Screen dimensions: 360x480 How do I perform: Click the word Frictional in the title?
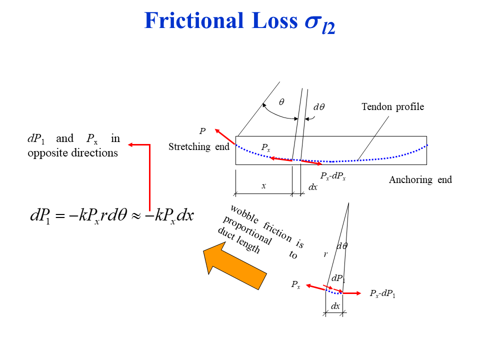[x=190, y=21]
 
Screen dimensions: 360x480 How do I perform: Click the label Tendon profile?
[x=392, y=106]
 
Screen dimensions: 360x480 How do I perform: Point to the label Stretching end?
[x=198, y=147]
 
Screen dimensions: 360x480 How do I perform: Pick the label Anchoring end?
[x=420, y=180]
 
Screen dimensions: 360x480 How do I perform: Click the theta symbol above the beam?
[x=281, y=102]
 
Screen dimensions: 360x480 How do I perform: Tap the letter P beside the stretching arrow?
[x=202, y=131]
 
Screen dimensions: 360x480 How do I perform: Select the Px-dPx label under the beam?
[x=332, y=176]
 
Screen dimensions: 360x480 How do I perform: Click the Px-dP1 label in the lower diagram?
[x=382, y=293]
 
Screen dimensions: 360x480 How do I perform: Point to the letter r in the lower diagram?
[x=325, y=254]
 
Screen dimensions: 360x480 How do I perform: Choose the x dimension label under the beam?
[x=263, y=185]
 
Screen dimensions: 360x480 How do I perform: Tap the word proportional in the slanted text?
[x=247, y=230]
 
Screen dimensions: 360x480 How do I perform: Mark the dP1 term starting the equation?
[x=40, y=216]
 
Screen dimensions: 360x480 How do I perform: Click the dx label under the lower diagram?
[x=335, y=306]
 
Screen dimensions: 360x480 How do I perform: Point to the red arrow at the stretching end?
[x=225, y=137]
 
